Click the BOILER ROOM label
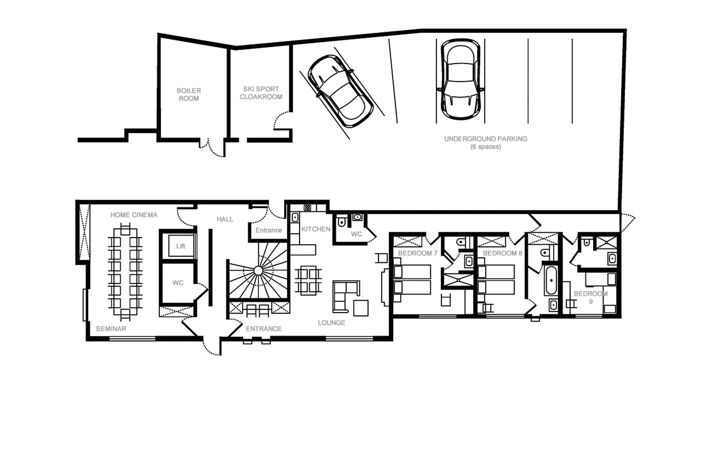pyautogui.click(x=189, y=94)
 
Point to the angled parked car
pyautogui.click(x=340, y=91)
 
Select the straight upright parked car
pyautogui.click(x=460, y=80)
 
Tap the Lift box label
pyautogui.click(x=181, y=246)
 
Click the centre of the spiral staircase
pyautogui.click(x=258, y=271)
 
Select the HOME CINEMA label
pyautogui.click(x=134, y=215)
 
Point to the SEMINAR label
pyautogui.click(x=111, y=329)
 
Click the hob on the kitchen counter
pyautogui.click(x=307, y=208)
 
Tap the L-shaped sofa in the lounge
pyautogui.click(x=343, y=295)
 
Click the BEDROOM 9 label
pyautogui.click(x=591, y=297)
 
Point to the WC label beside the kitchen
pyautogui.click(x=356, y=234)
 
